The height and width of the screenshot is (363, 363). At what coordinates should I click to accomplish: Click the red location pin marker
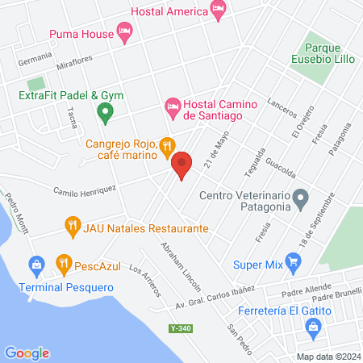pyautogui.click(x=182, y=164)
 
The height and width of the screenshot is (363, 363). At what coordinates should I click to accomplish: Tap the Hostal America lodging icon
pyautogui.click(x=217, y=9)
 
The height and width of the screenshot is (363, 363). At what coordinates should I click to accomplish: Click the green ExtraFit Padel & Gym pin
pyautogui.click(x=103, y=113)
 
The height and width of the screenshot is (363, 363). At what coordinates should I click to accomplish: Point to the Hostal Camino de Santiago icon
pyautogui.click(x=172, y=106)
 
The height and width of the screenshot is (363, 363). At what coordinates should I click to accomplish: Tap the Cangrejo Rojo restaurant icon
pyautogui.click(x=166, y=145)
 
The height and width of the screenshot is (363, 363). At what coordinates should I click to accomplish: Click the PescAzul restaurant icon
pyautogui.click(x=63, y=263)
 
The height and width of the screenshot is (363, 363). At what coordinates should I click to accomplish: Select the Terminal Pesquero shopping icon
pyautogui.click(x=35, y=265)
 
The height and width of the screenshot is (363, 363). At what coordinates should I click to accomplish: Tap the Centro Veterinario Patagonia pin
pyautogui.click(x=301, y=197)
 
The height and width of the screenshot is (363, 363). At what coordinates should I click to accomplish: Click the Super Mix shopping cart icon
pyautogui.click(x=294, y=262)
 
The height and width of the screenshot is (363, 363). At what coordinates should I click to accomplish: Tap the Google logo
pyautogui.click(x=27, y=353)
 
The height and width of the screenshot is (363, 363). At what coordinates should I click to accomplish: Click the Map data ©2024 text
pyautogui.click(x=327, y=357)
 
